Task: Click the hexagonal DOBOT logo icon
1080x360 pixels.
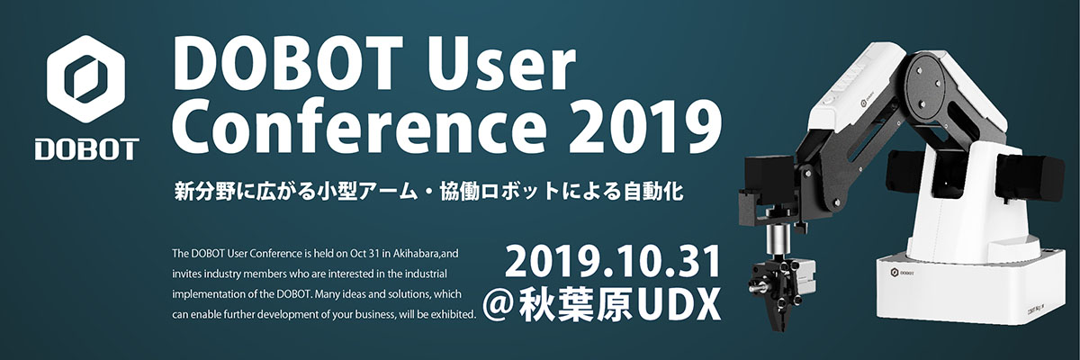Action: click(x=86, y=84)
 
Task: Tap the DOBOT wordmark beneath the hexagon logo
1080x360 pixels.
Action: click(x=86, y=148)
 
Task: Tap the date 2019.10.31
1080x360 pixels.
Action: click(x=614, y=262)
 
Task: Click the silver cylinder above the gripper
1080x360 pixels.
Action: click(x=771, y=241)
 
